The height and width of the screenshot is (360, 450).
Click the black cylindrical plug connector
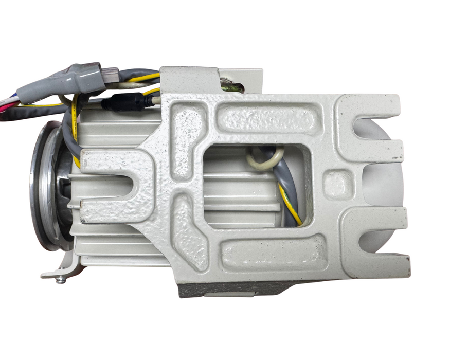[123, 103]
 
